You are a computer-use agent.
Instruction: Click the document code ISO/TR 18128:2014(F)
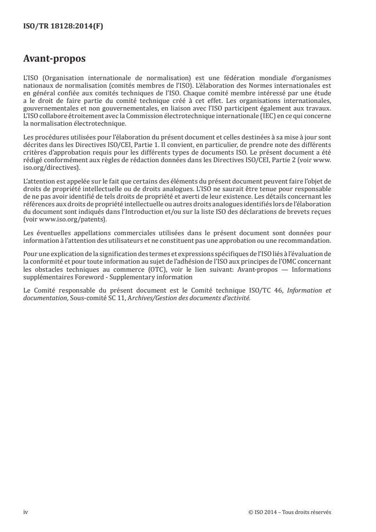pyautogui.click(x=64, y=27)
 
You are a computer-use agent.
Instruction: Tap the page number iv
pyautogui.click(x=26, y=512)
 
